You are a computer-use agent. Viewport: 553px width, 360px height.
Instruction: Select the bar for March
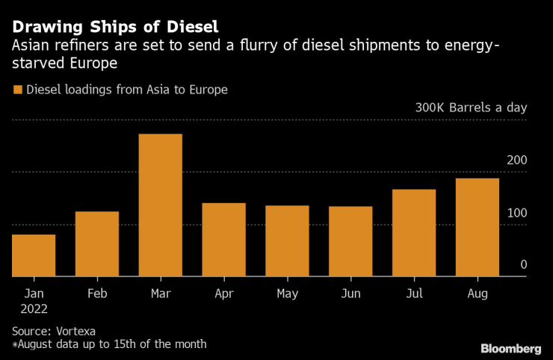[161, 205]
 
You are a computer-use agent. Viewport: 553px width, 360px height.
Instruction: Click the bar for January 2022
[34, 255]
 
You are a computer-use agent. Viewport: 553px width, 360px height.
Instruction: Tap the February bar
[97, 244]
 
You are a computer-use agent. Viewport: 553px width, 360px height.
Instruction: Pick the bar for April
[224, 240]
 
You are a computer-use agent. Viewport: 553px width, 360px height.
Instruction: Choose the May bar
[288, 241]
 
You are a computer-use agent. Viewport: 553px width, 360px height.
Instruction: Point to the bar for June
[351, 241]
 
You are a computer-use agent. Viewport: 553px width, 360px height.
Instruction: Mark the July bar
[414, 233]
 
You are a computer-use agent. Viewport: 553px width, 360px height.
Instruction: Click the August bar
[478, 227]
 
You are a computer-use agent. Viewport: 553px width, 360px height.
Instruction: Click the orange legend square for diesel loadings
[17, 90]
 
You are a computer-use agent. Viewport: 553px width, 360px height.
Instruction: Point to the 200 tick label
[517, 161]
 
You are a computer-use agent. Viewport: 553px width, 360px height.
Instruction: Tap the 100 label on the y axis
[517, 213]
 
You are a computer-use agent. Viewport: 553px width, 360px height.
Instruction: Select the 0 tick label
[523, 265]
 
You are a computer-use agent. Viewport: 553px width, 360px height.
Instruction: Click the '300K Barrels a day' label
[471, 108]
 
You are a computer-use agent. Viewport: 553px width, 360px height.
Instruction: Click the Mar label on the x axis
[161, 294]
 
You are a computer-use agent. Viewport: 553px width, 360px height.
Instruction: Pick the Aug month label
[478, 294]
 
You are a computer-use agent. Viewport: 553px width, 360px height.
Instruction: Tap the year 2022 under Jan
[34, 307]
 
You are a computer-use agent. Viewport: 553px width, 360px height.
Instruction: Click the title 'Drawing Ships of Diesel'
[115, 28]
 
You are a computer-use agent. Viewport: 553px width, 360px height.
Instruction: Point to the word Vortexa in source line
[75, 330]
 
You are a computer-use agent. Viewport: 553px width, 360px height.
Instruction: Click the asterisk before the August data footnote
[15, 344]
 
